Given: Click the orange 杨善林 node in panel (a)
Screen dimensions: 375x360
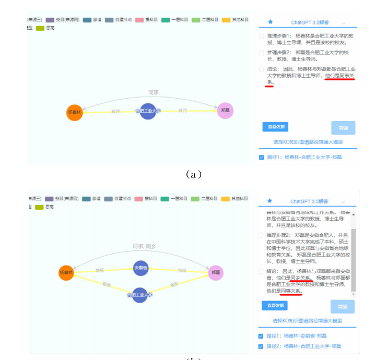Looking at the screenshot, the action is pos(75,112).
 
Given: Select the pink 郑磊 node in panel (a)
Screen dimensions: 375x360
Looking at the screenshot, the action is pos(225,110).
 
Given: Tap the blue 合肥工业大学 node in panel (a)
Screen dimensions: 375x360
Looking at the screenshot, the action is pos(148,111).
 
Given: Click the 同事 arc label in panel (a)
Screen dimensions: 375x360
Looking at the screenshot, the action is pos(153,92).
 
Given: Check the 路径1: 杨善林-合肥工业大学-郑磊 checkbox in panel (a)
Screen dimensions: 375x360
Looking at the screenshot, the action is pos(261,157).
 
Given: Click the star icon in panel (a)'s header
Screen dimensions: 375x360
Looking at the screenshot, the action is pos(270,22).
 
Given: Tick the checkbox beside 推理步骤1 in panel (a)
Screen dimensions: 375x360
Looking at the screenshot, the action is pos(261,36).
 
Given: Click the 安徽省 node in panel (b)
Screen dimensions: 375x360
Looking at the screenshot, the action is pos(140,268).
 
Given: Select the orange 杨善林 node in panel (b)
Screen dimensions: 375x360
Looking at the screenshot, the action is pos(66,272).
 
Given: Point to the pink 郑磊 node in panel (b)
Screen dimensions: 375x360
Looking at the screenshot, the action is pos(216,272).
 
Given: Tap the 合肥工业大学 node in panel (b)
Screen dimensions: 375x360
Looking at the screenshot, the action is pos(140,295).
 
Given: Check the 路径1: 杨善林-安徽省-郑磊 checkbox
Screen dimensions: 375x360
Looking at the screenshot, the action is pos(261,336).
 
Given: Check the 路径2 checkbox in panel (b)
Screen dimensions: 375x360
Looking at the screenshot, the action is pos(261,346).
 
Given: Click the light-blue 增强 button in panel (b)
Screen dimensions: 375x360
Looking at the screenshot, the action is pos(343,306).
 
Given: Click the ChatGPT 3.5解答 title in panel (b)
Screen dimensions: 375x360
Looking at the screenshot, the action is pos(310,201).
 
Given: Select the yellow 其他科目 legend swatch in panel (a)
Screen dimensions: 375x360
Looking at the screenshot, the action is pos(226,20).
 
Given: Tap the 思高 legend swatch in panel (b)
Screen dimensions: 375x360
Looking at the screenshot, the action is pos(39,207).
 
